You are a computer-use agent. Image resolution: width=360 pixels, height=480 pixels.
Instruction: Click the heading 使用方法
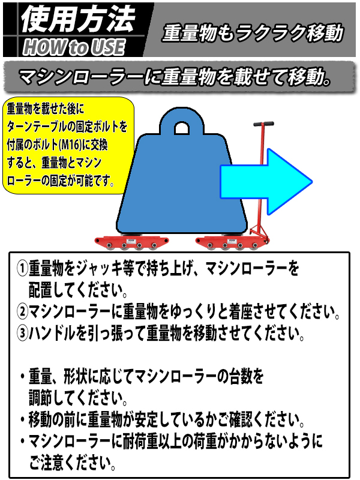pyautogui.click(x=78, y=19)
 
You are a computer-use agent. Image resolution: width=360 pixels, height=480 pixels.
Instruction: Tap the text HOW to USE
pyautogui.click(x=74, y=47)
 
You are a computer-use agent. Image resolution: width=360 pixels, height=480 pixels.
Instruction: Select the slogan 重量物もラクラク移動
pyautogui.click(x=253, y=33)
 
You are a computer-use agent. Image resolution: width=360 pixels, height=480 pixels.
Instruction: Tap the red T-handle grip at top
pyautogui.click(x=263, y=124)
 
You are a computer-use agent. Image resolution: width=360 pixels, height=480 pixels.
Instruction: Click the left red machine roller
pyautogui.click(x=131, y=243)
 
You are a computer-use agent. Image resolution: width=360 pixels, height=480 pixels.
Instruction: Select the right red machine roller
pyautogui.click(x=233, y=243)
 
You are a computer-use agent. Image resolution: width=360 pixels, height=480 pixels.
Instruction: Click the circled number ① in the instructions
pyautogui.click(x=22, y=268)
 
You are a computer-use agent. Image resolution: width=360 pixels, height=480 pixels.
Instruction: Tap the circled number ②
pyautogui.click(x=22, y=311)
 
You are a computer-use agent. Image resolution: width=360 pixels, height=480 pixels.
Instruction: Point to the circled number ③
pyautogui.click(x=22, y=333)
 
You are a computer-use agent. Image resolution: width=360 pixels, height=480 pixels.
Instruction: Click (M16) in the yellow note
pyautogui.click(x=70, y=145)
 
